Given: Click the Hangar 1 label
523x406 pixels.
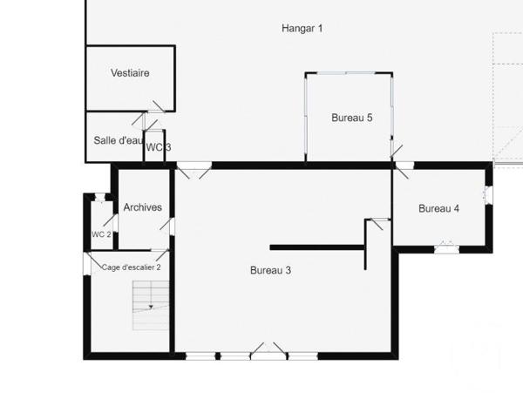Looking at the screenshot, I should tap(302, 28).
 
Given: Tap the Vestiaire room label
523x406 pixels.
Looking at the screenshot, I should tap(130, 73).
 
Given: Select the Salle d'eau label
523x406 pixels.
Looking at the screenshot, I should tap(118, 140).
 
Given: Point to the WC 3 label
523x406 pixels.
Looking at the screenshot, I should tap(158, 147).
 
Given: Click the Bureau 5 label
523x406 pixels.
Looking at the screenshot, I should tap(352, 118).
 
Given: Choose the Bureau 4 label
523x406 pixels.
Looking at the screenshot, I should tap(438, 208).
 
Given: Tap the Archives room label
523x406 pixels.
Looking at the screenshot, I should tap(143, 207).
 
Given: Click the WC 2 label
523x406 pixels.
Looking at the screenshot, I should tap(101, 234).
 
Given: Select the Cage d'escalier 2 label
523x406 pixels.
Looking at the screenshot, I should tap(132, 267).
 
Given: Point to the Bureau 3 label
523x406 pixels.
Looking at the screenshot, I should tap(270, 271).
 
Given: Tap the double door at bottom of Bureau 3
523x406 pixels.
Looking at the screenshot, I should tap(268, 352).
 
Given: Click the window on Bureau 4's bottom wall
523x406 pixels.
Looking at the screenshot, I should tap(447, 249).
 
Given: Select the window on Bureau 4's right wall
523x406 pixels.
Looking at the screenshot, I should tap(488, 194).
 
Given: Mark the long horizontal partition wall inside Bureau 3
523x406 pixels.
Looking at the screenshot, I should tap(316, 247).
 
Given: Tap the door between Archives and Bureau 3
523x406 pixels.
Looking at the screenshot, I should tap(171, 226).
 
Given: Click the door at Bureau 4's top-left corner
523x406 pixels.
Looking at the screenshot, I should tap(404, 169).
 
